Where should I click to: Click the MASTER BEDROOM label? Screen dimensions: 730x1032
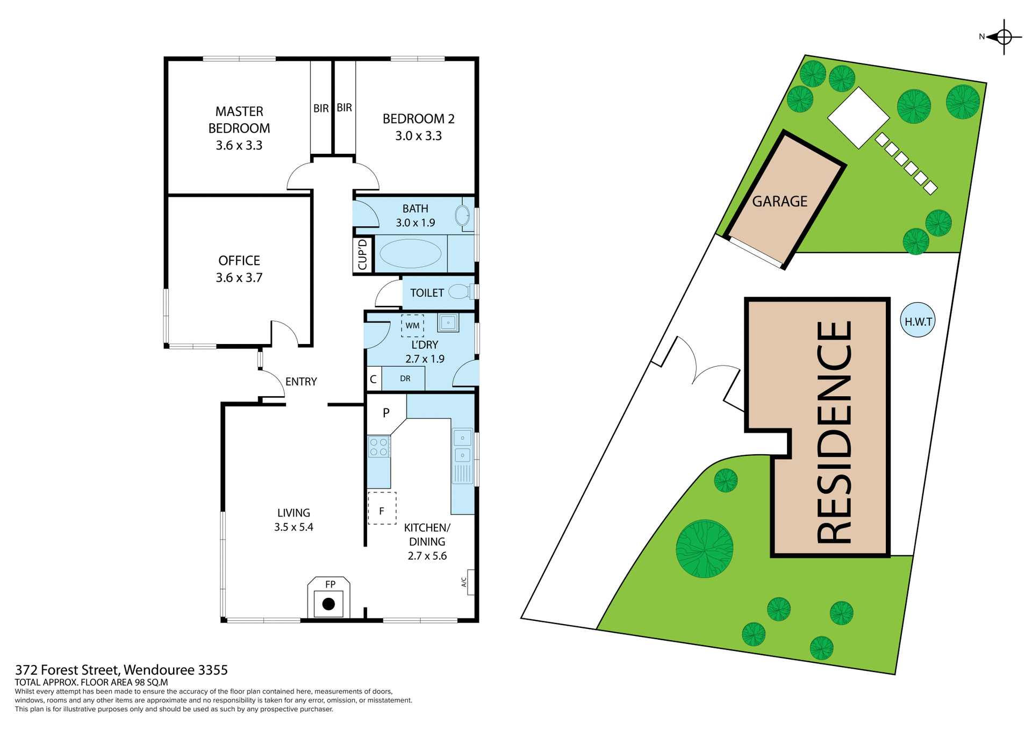point(239,120)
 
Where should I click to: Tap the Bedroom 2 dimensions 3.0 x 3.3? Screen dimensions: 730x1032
point(418,136)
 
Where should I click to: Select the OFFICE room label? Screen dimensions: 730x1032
point(239,261)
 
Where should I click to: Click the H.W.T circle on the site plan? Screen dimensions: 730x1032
point(918,321)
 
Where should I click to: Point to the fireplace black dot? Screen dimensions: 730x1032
point(328,604)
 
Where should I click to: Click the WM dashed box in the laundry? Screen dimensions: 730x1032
point(412,326)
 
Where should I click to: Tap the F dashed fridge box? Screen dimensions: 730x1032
point(382,509)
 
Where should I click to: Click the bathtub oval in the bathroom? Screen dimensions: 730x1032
point(410,254)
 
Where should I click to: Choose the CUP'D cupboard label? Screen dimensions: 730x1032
point(363,255)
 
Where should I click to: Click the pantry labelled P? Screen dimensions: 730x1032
point(385,413)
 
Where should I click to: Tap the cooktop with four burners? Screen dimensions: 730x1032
point(378,447)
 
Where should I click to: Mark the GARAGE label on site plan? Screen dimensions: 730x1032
point(779,202)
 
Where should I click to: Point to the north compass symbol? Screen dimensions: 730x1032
point(1004,37)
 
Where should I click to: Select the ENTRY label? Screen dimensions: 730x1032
point(301,382)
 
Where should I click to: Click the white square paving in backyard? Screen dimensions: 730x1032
point(858,118)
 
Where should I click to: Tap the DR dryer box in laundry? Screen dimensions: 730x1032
point(405,378)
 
